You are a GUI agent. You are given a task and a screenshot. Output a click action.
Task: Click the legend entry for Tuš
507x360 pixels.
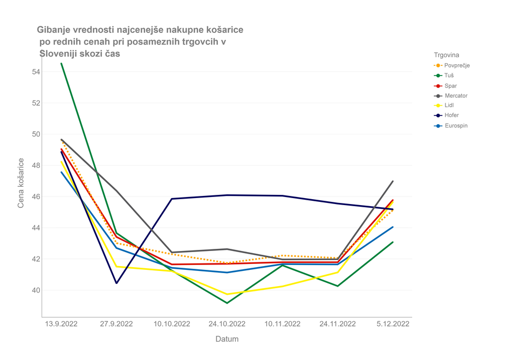[449, 76]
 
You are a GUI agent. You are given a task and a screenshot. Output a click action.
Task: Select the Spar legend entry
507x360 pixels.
[450, 86]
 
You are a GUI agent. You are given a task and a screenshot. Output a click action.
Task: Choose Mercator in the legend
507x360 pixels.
[456, 96]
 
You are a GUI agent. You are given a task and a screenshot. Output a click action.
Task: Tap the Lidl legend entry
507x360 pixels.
[449, 106]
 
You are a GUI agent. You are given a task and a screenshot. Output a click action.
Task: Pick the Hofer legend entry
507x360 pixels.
[451, 116]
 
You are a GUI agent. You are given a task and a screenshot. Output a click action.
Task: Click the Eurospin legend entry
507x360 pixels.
[456, 126]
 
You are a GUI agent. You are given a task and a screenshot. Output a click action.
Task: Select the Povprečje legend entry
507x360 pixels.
[457, 65]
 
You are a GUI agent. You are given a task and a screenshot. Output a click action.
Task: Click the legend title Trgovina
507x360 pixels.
[447, 55]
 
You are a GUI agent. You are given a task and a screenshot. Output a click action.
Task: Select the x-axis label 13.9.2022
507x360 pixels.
[61, 324]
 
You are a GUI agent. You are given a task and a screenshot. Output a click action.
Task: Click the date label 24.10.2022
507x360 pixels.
[227, 324]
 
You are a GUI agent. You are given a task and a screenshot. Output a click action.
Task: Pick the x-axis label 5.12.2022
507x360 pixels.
[392, 324]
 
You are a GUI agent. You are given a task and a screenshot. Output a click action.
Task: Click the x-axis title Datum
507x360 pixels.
[227, 339]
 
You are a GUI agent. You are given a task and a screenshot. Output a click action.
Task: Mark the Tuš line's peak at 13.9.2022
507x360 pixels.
[61, 64]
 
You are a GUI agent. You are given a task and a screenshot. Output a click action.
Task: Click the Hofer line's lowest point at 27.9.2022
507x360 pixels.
[117, 283]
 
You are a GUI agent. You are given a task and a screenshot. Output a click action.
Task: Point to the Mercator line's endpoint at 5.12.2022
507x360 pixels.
[393, 181]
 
